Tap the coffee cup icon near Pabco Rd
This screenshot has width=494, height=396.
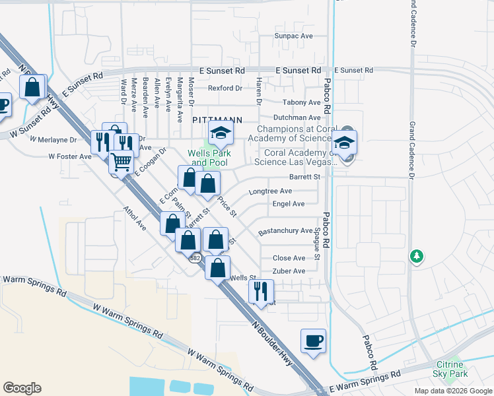[x=313, y=341]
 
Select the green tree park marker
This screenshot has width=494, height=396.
[x=416, y=256]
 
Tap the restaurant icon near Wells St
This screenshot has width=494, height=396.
[x=261, y=290]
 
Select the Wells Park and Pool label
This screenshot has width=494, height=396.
[x=207, y=157]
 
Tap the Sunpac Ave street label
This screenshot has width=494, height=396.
[x=293, y=36]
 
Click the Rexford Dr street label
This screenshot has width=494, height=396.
[x=225, y=88]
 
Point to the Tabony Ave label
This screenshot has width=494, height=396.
[x=301, y=102]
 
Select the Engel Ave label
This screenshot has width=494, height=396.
[x=288, y=204]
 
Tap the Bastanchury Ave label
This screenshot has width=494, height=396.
[x=285, y=231]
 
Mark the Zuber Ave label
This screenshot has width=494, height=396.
[x=289, y=271]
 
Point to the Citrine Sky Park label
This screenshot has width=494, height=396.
[x=453, y=369]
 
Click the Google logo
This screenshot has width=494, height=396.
[x=22, y=388]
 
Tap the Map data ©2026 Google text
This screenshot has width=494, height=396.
[x=452, y=391]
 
